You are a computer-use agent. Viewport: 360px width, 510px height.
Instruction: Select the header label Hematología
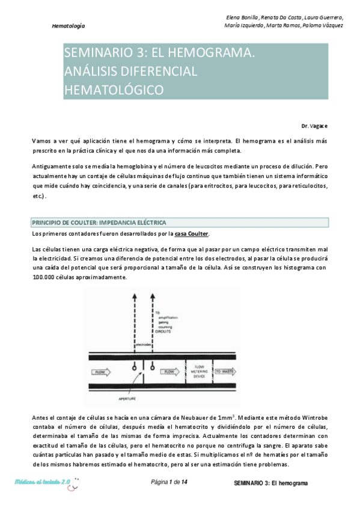click(x=69, y=26)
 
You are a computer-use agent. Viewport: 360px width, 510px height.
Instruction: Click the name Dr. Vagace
click(x=314, y=126)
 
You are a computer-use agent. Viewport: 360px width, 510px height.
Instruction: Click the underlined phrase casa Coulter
click(x=192, y=234)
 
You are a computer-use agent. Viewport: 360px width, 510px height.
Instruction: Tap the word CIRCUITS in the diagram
click(x=163, y=330)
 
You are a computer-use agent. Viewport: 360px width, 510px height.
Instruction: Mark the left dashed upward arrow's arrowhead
click(x=133, y=296)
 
